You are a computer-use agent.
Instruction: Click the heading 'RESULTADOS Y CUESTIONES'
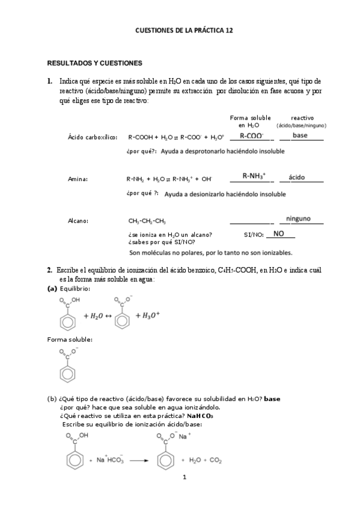[x=94, y=63]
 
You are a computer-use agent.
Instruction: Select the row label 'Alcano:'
[x=79, y=221]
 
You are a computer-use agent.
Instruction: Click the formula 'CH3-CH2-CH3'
[x=147, y=221]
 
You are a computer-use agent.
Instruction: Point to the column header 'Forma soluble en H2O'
[x=250, y=121]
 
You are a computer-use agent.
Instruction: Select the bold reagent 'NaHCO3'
[x=200, y=415]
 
